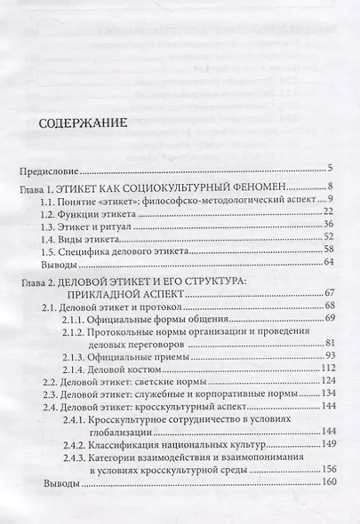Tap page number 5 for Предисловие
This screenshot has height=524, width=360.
[329, 167]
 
